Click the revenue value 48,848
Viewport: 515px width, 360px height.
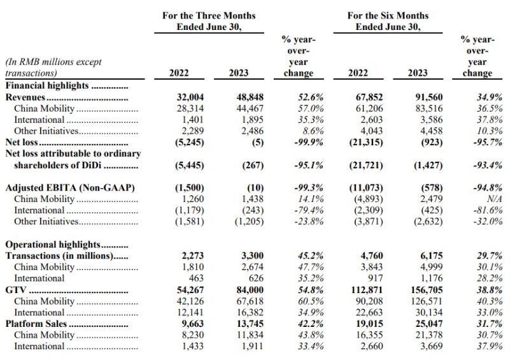pyautogui.click(x=250, y=97)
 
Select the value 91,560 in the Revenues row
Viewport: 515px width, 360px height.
pyautogui.click(x=429, y=97)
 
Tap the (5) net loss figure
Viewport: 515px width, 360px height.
pyautogui.click(x=258, y=142)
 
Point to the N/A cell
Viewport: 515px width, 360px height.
pyautogui.click(x=495, y=199)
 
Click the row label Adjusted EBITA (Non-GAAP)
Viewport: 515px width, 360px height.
pyautogui.click(x=70, y=188)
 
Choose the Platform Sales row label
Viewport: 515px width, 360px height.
pyautogui.click(x=36, y=324)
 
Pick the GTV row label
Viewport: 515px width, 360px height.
pyautogui.click(x=16, y=290)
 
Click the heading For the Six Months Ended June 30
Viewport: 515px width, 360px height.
pyautogui.click(x=388, y=21)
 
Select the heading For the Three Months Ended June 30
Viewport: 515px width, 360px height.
pyautogui.click(x=209, y=21)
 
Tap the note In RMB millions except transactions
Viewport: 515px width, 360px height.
pyautogui.click(x=53, y=68)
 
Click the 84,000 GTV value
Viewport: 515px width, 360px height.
pyautogui.click(x=250, y=290)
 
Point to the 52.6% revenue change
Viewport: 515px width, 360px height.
pyautogui.click(x=311, y=97)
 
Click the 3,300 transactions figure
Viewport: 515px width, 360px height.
pyautogui.click(x=252, y=256)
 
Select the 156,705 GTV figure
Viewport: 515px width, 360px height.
pyautogui.click(x=427, y=290)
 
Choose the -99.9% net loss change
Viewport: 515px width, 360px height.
pyautogui.click(x=309, y=142)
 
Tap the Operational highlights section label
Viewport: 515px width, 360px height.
pyautogui.click(x=53, y=245)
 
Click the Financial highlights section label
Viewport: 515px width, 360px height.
pyautogui.click(x=47, y=86)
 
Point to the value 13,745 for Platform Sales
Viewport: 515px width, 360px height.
pyautogui.click(x=250, y=324)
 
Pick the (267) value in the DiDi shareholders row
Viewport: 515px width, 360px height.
pyautogui.click(x=253, y=165)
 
